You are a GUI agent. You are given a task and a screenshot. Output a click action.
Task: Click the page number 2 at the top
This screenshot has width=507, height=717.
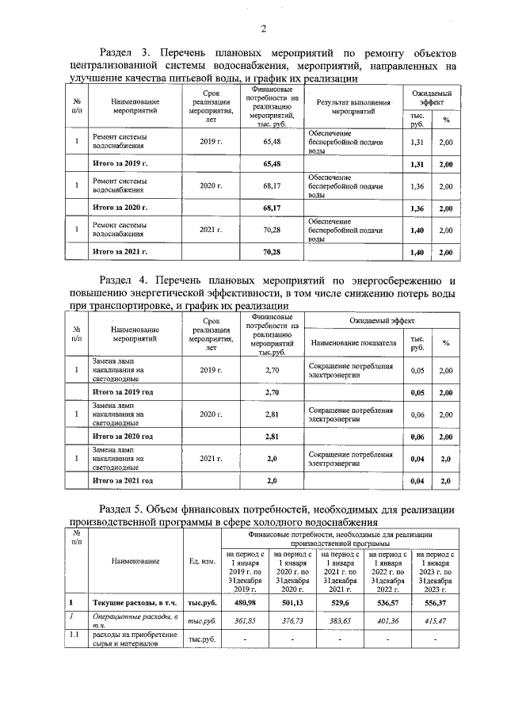point(262,29)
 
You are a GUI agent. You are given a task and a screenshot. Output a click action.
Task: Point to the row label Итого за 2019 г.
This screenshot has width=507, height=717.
point(120,163)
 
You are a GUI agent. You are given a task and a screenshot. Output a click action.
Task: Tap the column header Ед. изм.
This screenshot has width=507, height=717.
point(203,561)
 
